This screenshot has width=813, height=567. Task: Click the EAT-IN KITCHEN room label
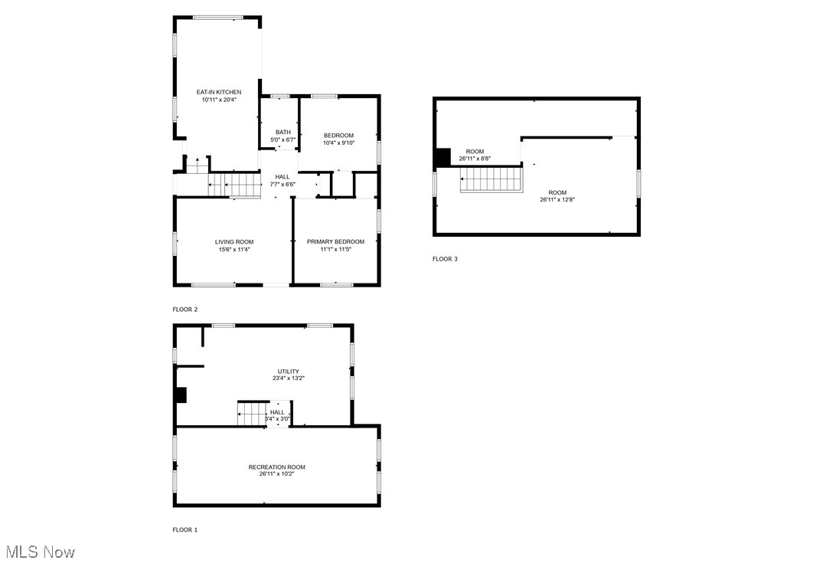[x=219, y=92]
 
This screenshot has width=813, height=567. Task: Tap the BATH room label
[x=283, y=132]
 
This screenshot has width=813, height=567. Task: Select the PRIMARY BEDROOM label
[x=335, y=241]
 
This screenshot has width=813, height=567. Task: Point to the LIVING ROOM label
[x=233, y=241]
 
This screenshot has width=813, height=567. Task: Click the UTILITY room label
[x=288, y=371]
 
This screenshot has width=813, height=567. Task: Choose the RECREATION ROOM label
[x=276, y=467]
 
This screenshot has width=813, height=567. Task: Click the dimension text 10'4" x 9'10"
[x=338, y=143]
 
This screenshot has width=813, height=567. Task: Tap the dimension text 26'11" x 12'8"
[x=557, y=199]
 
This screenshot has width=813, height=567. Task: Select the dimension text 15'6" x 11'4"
[x=233, y=249]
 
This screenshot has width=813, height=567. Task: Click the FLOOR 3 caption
[x=445, y=259]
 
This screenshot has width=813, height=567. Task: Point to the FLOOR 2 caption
[x=185, y=309]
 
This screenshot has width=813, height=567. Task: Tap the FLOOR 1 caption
[x=185, y=529]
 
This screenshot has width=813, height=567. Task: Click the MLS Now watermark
[x=40, y=552]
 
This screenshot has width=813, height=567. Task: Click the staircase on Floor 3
[x=491, y=179]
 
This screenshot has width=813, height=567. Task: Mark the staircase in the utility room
[x=251, y=414]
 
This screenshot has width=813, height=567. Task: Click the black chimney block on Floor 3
[x=442, y=157]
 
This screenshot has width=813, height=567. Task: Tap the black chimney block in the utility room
[x=181, y=395]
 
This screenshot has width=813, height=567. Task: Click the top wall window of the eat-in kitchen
[x=217, y=17]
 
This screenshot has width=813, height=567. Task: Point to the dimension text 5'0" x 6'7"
[x=283, y=139]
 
